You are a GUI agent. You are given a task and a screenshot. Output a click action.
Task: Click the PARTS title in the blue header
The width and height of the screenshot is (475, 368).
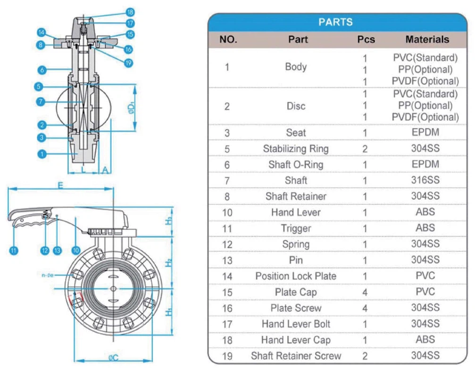point(335,22)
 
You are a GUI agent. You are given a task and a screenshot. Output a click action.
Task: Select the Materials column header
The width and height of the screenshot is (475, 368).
point(427,40)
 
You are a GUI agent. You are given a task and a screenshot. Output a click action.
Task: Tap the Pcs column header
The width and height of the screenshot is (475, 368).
point(366,40)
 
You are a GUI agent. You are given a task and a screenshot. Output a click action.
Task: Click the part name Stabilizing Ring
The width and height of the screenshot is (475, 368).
point(296,149)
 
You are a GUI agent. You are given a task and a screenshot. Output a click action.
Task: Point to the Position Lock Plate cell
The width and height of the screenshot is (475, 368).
point(296,276)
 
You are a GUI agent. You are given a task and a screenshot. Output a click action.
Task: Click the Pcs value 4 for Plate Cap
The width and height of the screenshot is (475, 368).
point(365,293)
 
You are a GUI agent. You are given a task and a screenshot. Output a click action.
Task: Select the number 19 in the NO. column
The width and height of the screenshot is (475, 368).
point(227,356)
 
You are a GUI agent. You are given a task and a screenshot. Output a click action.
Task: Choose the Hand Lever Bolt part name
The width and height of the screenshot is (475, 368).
point(296,324)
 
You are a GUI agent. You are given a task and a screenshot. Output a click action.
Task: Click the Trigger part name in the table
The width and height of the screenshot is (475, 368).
point(296,228)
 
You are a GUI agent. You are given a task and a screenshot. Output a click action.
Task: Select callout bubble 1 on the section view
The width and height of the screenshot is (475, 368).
point(42,154)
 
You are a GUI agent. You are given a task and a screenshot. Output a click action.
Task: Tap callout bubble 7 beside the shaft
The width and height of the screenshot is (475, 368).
point(42,101)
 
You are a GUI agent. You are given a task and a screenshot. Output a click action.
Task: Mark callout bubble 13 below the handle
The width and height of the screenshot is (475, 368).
point(58,251)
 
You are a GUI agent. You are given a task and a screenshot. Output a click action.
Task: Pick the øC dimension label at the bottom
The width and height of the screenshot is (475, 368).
point(113,359)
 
